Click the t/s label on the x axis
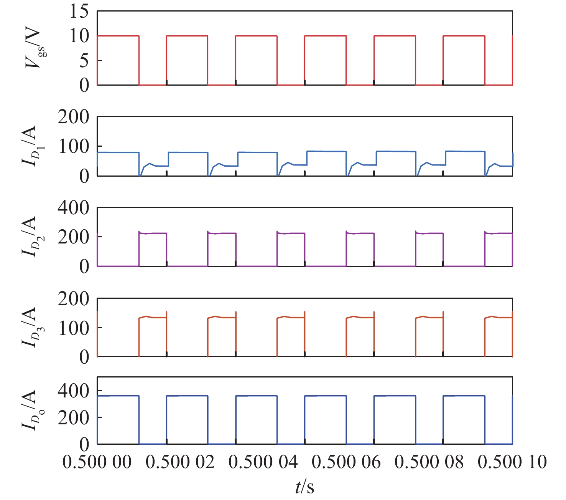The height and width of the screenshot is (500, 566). pyautogui.click(x=305, y=487)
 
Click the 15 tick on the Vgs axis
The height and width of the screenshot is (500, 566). pyautogui.click(x=79, y=12)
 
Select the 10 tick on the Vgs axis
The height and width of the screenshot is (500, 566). pyautogui.click(x=79, y=36)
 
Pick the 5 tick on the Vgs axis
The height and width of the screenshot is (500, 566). pyautogui.click(x=84, y=61)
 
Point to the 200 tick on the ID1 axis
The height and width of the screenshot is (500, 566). pyautogui.click(x=73, y=117)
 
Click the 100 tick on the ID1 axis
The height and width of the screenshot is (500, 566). pyautogui.click(x=73, y=146)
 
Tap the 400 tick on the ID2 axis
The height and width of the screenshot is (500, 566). pyautogui.click(x=73, y=208)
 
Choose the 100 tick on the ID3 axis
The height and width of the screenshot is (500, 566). pyautogui.click(x=73, y=328)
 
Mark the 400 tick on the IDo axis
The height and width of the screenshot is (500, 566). pyautogui.click(x=73, y=391)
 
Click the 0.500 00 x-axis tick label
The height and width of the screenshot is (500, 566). pyautogui.click(x=97, y=462)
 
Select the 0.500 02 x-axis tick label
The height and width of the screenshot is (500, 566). pyautogui.click(x=180, y=462)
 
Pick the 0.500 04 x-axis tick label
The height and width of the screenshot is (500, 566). pyautogui.click(x=263, y=462)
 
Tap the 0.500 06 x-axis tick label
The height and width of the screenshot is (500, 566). pyautogui.click(x=346, y=462)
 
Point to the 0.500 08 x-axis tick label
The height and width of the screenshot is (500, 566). pyautogui.click(x=429, y=462)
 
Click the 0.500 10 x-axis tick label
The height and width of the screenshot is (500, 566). pyautogui.click(x=512, y=462)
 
